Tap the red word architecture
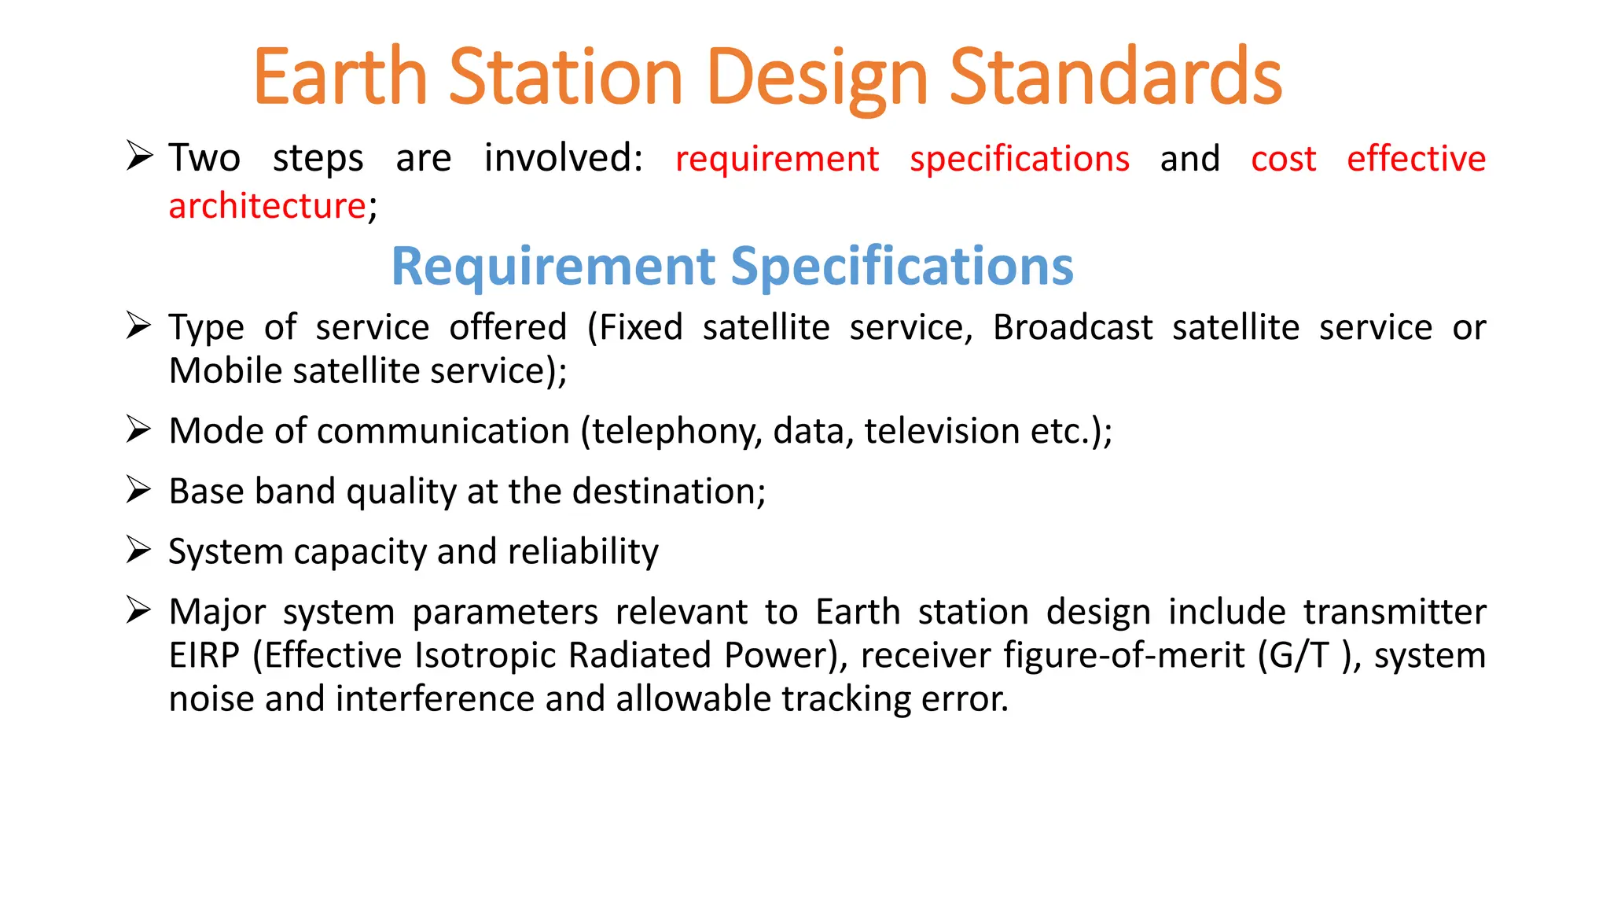click(266, 206)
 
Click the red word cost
click(1283, 159)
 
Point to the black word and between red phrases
click(1189, 159)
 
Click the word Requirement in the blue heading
click(553, 266)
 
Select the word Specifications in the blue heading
click(902, 266)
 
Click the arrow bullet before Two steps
click(139, 156)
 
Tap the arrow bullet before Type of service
click(139, 325)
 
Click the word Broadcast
click(1072, 327)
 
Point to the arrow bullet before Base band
click(139, 489)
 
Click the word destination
click(667, 492)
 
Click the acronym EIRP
click(204, 655)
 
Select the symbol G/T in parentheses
click(1299, 655)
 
